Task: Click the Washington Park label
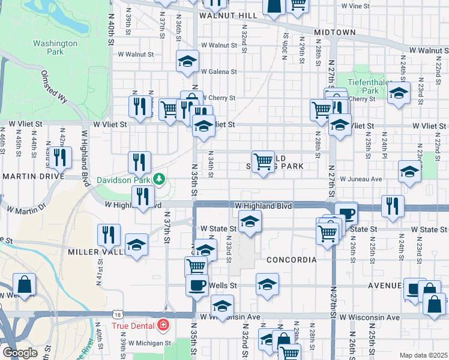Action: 55,47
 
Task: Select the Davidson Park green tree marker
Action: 159,179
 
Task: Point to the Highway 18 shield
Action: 117,314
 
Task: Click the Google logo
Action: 20,353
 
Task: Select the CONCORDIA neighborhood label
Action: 291,260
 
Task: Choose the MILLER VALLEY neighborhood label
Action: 97,253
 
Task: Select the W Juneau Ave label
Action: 360,179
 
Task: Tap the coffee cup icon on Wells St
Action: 196,284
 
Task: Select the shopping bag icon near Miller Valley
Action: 24,284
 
